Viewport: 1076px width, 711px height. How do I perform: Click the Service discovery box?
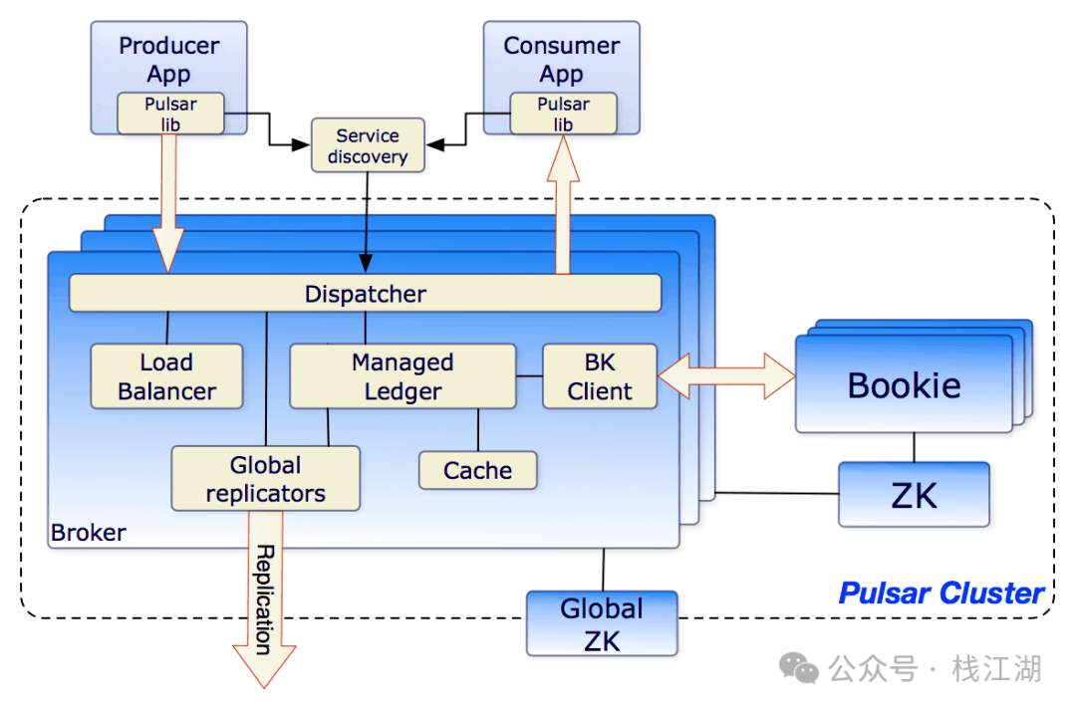pyautogui.click(x=368, y=145)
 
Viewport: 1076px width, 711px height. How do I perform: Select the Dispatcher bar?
pyautogui.click(x=365, y=294)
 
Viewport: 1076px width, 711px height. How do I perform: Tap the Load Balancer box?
pyautogui.click(x=166, y=376)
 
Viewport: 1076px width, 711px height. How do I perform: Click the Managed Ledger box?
pyautogui.click(x=403, y=376)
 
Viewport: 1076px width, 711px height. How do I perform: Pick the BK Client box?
pyautogui.click(x=600, y=376)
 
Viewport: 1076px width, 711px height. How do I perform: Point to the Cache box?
pyautogui.click(x=477, y=470)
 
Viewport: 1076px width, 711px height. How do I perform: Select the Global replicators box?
pyautogui.click(x=266, y=479)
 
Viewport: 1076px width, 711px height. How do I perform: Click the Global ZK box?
pyautogui.click(x=602, y=624)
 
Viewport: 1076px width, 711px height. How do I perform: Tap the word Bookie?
pyautogui.click(x=904, y=385)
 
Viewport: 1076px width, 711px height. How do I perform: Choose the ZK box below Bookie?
pyautogui.click(x=914, y=494)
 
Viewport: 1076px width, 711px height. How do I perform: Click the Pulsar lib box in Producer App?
pyautogui.click(x=171, y=114)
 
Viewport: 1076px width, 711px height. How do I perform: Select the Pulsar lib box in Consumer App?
pyautogui.click(x=563, y=114)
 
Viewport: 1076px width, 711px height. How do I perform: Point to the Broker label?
pyautogui.click(x=89, y=533)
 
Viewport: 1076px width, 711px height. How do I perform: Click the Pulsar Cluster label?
pyautogui.click(x=941, y=593)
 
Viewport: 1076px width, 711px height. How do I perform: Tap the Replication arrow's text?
pyautogui.click(x=265, y=599)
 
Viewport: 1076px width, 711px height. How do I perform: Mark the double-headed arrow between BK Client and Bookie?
pyautogui.click(x=726, y=375)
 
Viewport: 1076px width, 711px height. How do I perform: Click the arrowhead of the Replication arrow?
pyautogui.click(x=264, y=666)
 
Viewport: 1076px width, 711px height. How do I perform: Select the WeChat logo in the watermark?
pyautogui.click(x=799, y=668)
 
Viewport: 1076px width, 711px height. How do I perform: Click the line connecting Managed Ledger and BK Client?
pyautogui.click(x=529, y=375)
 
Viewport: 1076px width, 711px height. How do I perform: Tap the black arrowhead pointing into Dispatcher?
pyautogui.click(x=366, y=264)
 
